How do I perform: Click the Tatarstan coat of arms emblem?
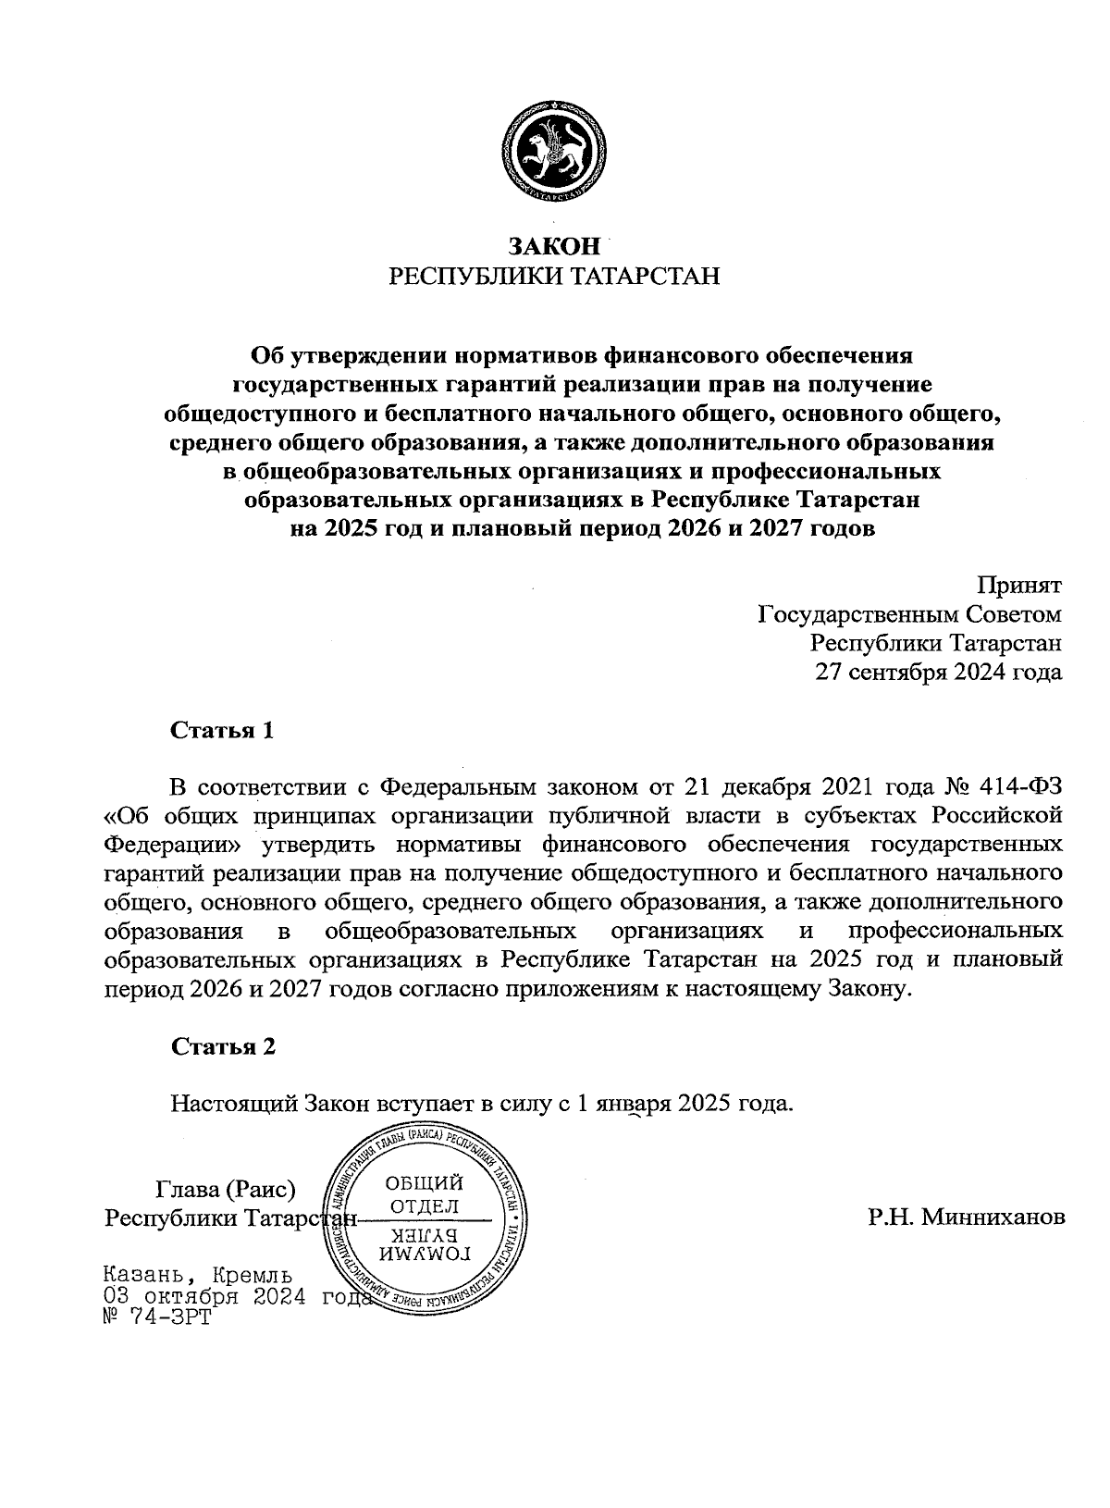[554, 154]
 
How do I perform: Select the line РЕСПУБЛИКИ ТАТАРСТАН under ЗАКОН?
[554, 277]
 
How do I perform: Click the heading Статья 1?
[223, 731]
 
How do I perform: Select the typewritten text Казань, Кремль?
[199, 1275]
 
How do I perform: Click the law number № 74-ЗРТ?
[158, 1316]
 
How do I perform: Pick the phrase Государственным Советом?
[909, 614]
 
